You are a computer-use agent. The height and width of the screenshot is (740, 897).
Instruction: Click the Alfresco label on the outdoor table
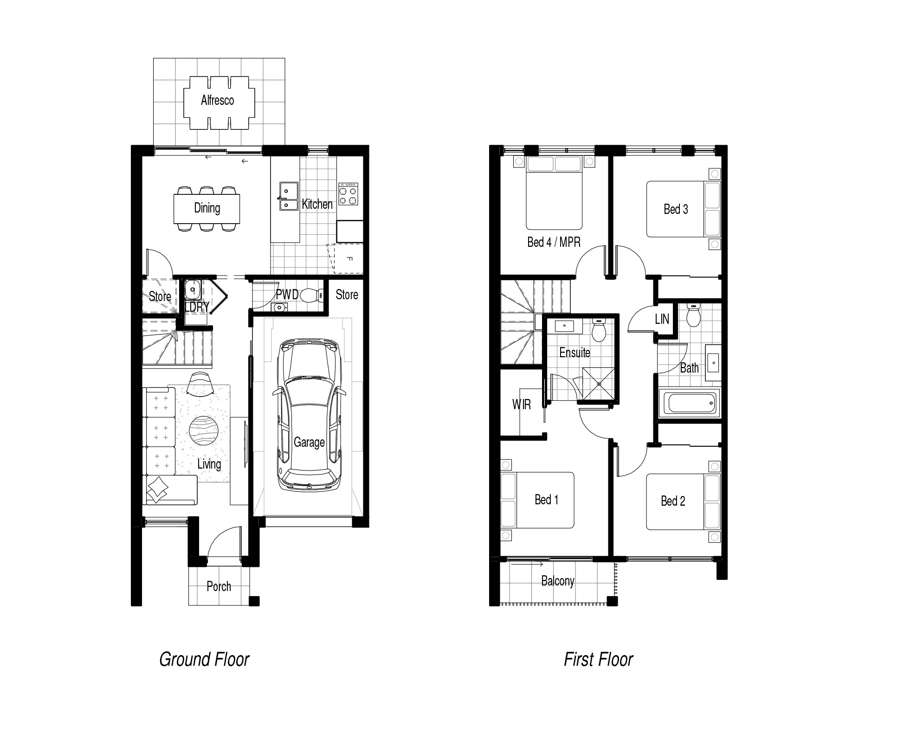(217, 100)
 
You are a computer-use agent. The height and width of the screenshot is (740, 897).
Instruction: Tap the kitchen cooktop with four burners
(348, 194)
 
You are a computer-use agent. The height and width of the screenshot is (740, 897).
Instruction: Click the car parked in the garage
(309, 414)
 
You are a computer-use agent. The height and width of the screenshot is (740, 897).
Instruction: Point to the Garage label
(309, 442)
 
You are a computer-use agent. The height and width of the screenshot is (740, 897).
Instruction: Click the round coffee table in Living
(203, 431)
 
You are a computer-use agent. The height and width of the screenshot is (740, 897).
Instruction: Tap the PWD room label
(287, 294)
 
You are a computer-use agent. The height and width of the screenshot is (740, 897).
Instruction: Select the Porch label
(219, 586)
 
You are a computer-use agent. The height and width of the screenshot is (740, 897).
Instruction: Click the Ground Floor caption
(204, 659)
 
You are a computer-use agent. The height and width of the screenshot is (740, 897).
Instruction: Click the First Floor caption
(598, 659)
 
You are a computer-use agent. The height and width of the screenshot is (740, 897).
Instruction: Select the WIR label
(521, 405)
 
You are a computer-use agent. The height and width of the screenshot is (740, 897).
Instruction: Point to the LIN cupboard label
(662, 319)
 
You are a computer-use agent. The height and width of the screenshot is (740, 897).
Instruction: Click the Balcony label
(558, 581)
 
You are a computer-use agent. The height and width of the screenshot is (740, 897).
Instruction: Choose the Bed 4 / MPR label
(554, 242)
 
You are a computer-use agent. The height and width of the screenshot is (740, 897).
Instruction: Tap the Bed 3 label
(676, 209)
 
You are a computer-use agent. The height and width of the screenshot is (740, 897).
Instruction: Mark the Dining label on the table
(207, 208)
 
